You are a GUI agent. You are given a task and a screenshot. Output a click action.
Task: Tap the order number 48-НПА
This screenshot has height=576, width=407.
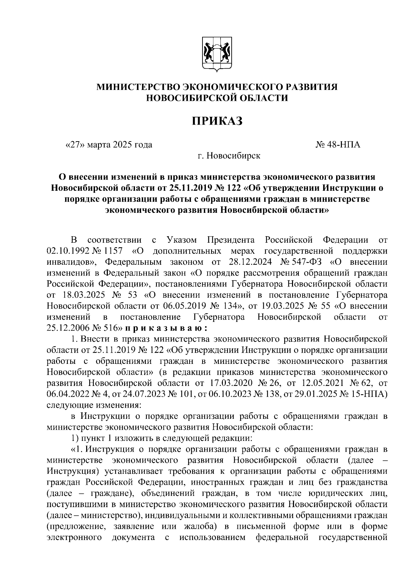point(343,145)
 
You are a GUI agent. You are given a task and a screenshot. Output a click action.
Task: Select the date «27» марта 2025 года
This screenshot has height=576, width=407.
point(109,145)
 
